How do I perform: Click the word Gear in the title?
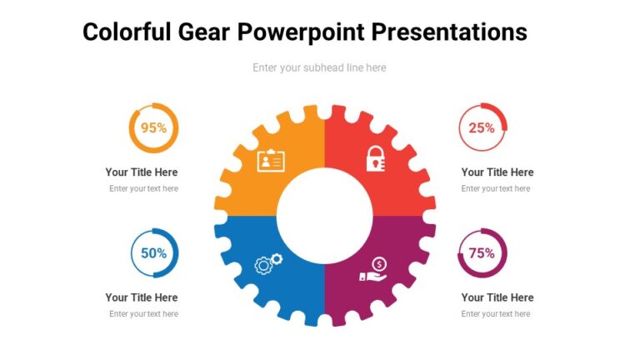[204, 32]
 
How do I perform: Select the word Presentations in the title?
[448, 32]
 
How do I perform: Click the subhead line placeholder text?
[319, 67]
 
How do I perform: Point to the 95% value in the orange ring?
[153, 128]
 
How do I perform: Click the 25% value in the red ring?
[482, 128]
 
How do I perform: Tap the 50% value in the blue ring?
[153, 253]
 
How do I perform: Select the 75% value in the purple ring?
[482, 253]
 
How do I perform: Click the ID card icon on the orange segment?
[271, 159]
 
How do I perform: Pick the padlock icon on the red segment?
[376, 158]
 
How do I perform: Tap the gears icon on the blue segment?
[268, 264]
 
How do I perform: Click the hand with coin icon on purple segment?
[374, 270]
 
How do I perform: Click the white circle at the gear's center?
[324, 215]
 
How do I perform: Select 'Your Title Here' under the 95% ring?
[142, 172]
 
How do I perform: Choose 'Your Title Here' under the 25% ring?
[497, 172]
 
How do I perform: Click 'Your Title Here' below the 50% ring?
[142, 297]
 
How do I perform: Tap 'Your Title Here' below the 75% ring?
[497, 297]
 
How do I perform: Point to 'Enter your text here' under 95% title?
[143, 189]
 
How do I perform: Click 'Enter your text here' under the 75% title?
[496, 314]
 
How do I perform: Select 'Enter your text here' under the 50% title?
[143, 314]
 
